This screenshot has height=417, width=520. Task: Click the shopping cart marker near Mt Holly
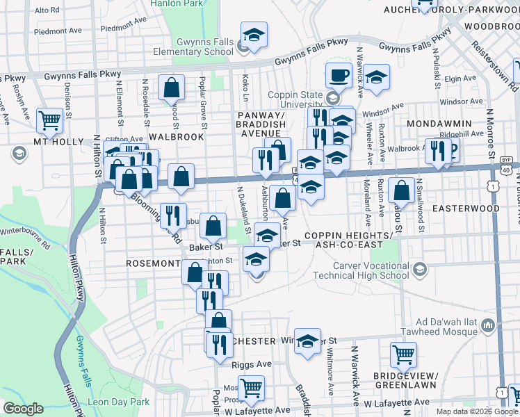49,120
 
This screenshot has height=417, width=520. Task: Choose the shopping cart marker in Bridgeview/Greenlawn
403,354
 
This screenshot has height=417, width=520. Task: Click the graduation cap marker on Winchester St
307,341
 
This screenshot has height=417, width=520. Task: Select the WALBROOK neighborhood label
175,137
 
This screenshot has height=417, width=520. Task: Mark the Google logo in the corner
23,409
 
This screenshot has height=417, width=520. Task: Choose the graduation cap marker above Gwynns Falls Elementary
254,35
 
